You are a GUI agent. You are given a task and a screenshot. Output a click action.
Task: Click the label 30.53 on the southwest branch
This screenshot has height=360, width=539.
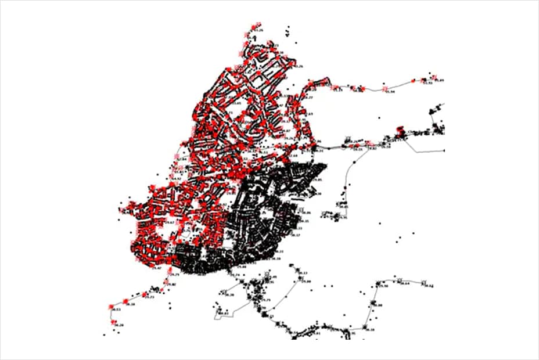click(x=116, y=309)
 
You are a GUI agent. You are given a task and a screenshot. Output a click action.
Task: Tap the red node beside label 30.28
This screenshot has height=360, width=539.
click(x=114, y=321)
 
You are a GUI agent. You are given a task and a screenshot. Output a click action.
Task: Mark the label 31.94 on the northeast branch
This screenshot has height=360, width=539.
click(x=391, y=92)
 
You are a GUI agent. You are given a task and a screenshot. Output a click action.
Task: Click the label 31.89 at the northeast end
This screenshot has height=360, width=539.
click(x=440, y=80)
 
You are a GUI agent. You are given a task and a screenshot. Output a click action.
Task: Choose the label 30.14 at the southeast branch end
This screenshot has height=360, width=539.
click(x=429, y=285)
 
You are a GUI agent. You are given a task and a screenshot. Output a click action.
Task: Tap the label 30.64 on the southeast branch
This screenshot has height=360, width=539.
click(x=405, y=283)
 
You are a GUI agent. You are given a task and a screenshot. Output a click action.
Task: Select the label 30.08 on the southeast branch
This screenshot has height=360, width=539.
click(x=378, y=305)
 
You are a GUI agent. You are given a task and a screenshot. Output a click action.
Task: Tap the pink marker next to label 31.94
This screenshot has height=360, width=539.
click(x=385, y=88)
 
